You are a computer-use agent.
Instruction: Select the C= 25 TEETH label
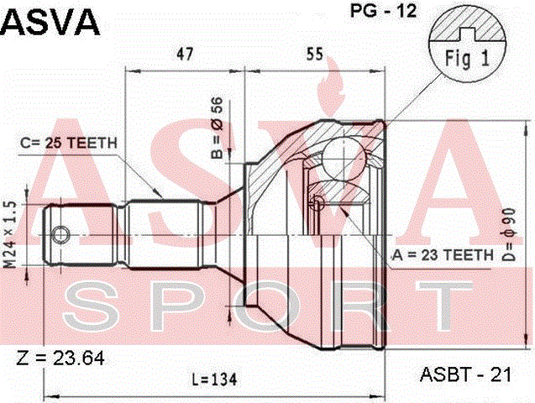69,143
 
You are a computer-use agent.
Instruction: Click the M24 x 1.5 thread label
11,233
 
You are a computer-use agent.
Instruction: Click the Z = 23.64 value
60,359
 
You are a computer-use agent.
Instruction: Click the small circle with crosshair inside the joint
317,202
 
